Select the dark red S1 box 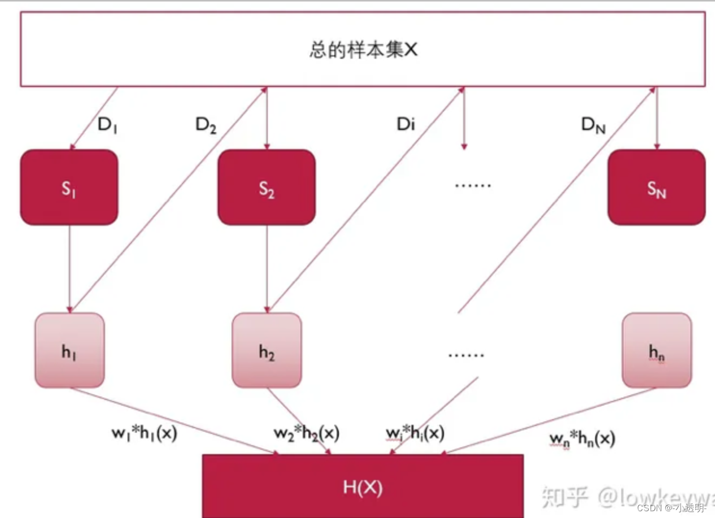click(x=69, y=188)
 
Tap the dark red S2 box click(x=267, y=188)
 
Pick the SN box click(x=656, y=188)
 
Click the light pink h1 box click(x=69, y=350)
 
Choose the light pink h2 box click(x=267, y=350)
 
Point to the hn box click(x=656, y=350)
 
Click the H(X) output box click(x=363, y=486)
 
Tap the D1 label click(x=107, y=124)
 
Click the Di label click(x=406, y=124)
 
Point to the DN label click(x=593, y=125)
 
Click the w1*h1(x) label click(x=145, y=434)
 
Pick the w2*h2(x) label click(x=307, y=434)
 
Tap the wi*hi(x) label click(x=415, y=434)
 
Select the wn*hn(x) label click(x=582, y=438)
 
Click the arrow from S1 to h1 click(x=69, y=268)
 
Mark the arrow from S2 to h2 click(x=267, y=268)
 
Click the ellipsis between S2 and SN click(x=473, y=185)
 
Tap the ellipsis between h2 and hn click(x=467, y=355)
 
